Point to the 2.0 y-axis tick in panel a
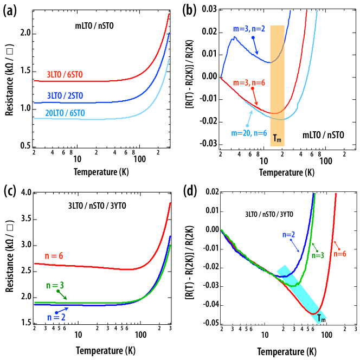25,34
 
